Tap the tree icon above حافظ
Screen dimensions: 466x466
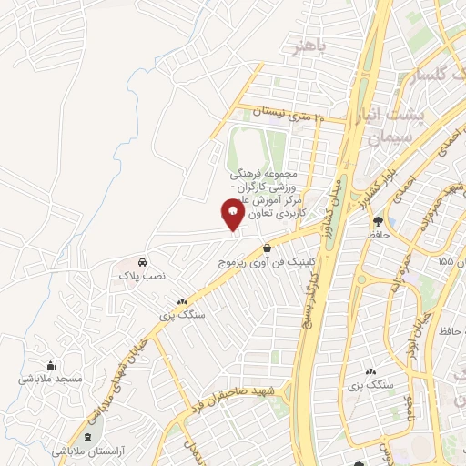coord(390,221)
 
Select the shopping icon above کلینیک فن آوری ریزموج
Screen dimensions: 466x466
coord(267,248)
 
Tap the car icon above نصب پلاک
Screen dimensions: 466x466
coord(143,261)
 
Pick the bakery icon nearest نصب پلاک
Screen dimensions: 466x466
coord(182,301)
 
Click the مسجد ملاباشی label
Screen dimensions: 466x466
coord(56,378)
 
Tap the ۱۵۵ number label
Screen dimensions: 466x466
coord(445,261)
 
